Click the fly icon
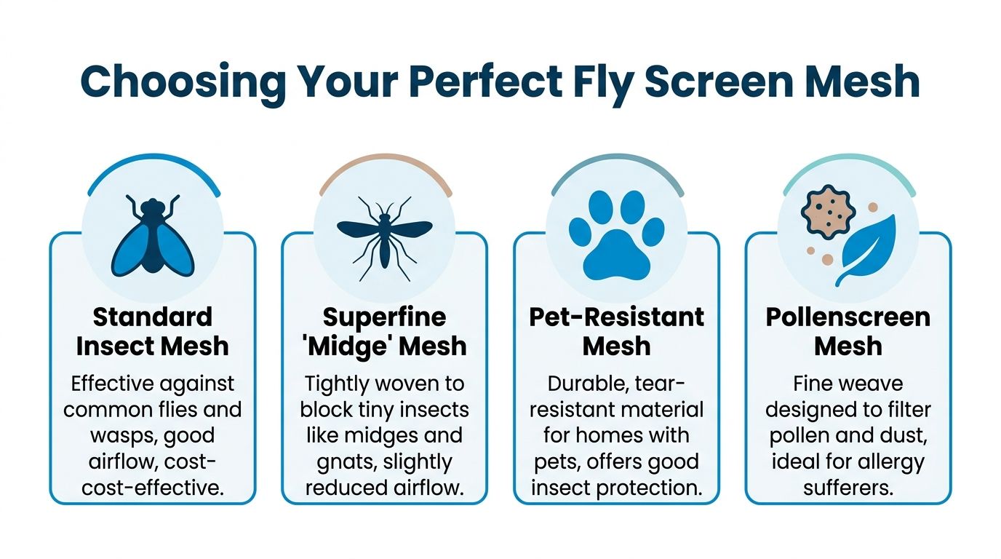152,234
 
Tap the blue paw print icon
616,234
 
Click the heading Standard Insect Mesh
152,331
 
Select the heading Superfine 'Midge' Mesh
384,331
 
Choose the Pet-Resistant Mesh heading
616,331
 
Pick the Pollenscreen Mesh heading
848,331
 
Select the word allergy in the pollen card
888,461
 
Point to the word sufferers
848,487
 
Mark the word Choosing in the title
183,82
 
